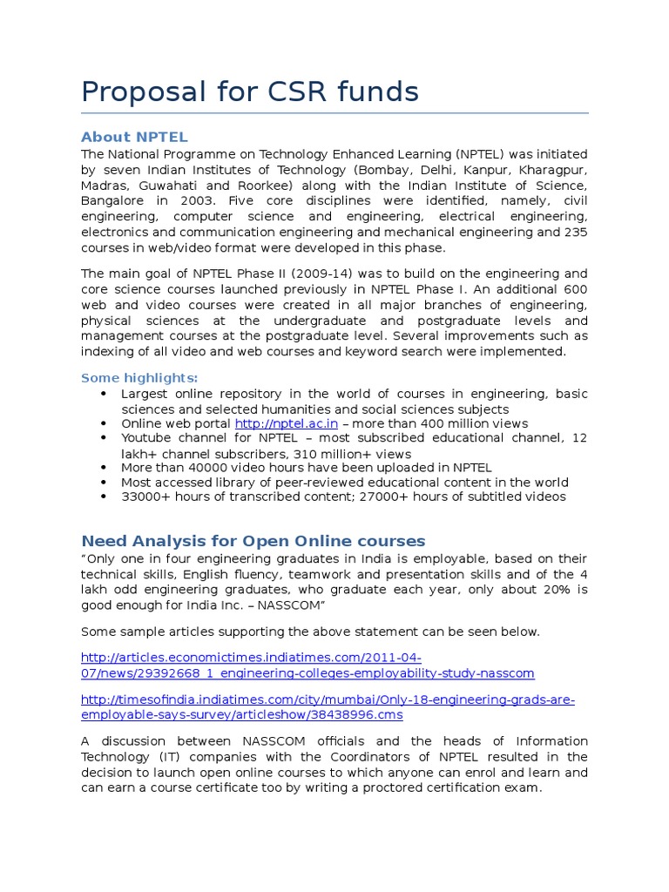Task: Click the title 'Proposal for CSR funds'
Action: coord(250,91)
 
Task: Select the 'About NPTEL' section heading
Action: coord(134,138)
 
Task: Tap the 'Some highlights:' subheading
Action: coord(139,377)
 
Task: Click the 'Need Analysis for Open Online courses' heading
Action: coord(253,540)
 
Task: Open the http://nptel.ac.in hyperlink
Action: coord(287,423)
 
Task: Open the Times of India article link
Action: coord(328,707)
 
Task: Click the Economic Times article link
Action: coord(307,666)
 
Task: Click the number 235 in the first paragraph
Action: coord(575,232)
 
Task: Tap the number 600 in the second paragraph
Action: coord(575,288)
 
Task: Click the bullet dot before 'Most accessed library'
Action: coord(104,483)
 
